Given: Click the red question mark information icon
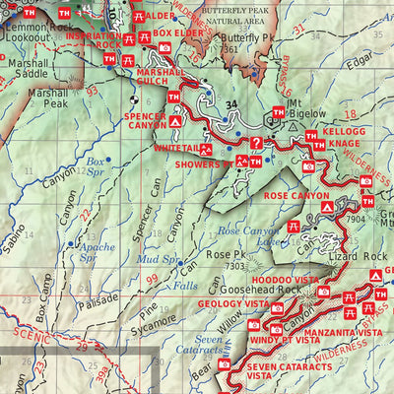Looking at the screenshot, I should point(257,143).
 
